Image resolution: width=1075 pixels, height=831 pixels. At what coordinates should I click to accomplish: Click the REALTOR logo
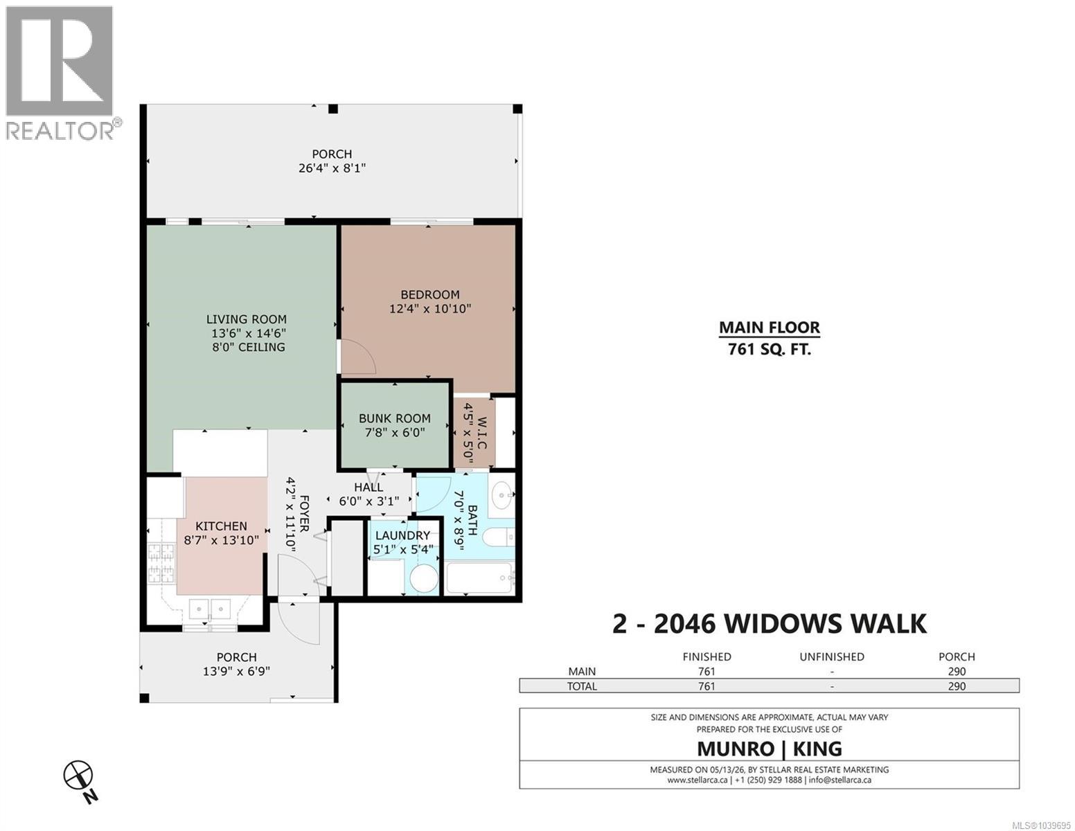[x=64, y=73]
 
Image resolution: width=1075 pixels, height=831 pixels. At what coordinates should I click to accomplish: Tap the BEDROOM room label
[x=429, y=294]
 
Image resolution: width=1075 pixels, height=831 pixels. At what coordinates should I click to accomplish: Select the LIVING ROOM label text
[x=247, y=319]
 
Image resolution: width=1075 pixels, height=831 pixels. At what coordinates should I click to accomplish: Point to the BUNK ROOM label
[x=394, y=418]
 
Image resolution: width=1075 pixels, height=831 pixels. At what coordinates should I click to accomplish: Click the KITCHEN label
[x=221, y=526]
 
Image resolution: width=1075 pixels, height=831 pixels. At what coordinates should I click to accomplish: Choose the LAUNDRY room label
[x=402, y=535]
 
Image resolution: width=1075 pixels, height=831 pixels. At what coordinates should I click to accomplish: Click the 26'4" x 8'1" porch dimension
[x=332, y=168]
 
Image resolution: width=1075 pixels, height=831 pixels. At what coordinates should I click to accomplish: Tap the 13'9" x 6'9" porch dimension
[x=236, y=671]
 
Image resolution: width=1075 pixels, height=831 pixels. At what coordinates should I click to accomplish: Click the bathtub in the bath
[x=479, y=578]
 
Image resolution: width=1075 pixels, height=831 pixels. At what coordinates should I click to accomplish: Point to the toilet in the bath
[x=499, y=537]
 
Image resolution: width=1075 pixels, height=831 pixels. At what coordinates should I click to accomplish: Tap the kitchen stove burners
[x=162, y=562]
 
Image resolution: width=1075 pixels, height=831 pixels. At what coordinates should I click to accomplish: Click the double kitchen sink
[x=211, y=607]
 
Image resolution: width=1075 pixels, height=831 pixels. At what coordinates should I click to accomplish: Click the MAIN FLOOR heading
[x=770, y=328]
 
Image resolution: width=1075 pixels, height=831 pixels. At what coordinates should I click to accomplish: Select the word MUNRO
[x=736, y=749]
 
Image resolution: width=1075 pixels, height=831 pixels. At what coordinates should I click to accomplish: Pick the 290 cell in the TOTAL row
[x=957, y=686]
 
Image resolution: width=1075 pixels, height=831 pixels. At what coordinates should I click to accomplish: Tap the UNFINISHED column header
[x=832, y=657]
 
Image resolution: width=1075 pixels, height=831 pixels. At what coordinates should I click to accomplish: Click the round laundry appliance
[x=425, y=578]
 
